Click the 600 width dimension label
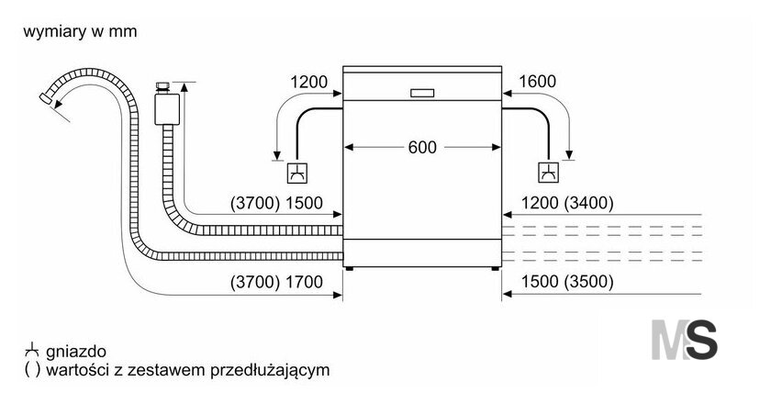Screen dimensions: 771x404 pos(422,147)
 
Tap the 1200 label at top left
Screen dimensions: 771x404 pos(308,82)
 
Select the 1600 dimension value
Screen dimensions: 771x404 pos(538,81)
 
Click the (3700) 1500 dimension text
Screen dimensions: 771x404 pos(276,203)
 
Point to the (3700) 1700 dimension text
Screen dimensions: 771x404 pos(276,282)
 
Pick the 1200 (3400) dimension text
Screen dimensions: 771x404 pos(567,203)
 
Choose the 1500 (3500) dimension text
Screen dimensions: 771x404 pos(567,282)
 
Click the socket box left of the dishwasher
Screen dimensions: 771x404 pos(297,173)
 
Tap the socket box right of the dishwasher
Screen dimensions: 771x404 pos(548,173)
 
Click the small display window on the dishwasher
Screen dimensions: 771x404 pos(422,93)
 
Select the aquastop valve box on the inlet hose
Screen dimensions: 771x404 pos(167,109)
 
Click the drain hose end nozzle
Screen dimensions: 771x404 pos(47,98)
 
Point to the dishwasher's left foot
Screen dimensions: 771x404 pos(349,269)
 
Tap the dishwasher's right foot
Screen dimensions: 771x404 pos(495,269)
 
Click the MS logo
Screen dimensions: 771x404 pos(684,340)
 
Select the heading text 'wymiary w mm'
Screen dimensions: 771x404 pos(80,31)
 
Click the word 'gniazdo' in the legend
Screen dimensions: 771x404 pos(75,352)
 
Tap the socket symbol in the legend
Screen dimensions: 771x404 pos(31,350)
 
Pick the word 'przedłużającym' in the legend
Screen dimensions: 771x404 pos(270,369)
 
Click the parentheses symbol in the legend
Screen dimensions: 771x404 pos(32,369)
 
